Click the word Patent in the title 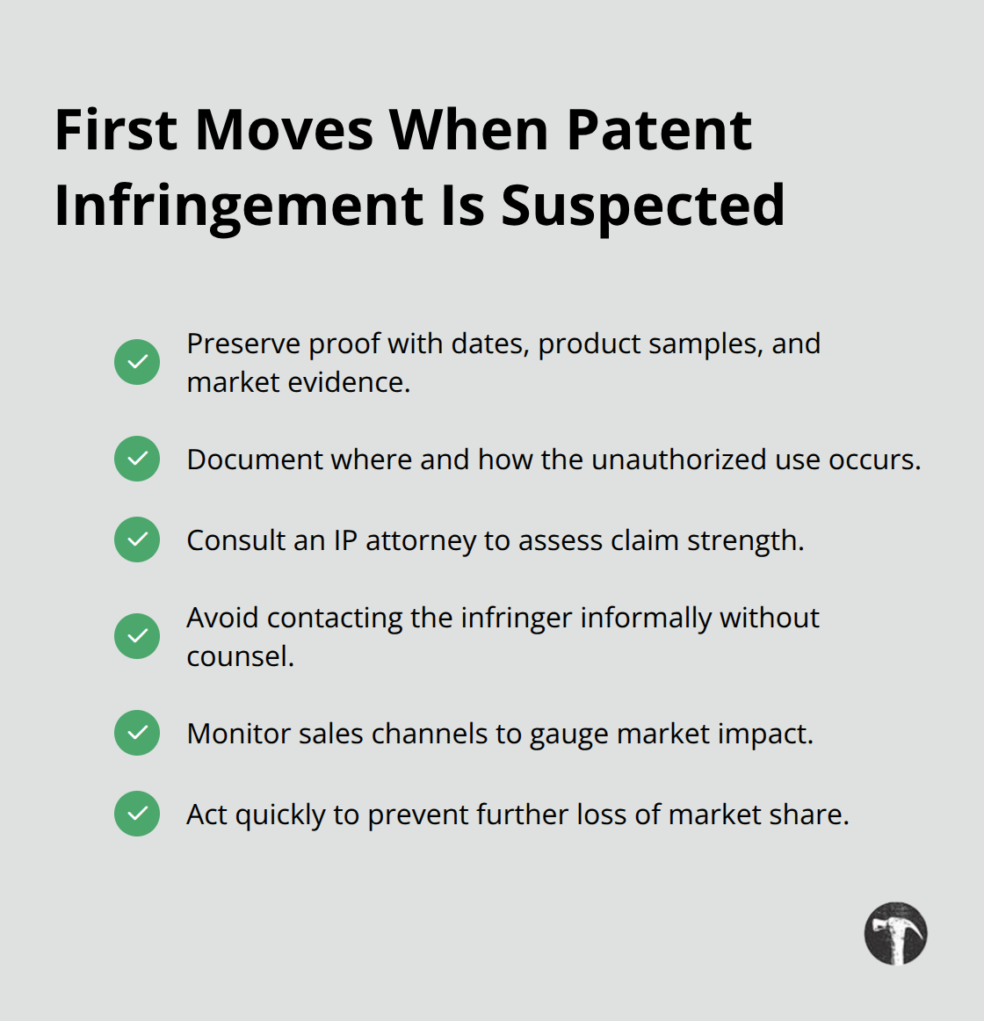[x=659, y=130]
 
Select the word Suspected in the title [x=642, y=206]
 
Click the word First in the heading [x=117, y=130]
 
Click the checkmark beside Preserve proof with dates [x=137, y=362]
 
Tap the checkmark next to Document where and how [x=137, y=459]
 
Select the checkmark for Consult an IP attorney [x=137, y=539]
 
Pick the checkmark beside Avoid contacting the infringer [x=137, y=636]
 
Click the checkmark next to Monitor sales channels [x=137, y=733]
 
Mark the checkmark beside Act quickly [x=137, y=814]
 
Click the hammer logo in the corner [x=895, y=933]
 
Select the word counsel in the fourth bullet [x=239, y=656]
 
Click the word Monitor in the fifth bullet [x=239, y=734]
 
